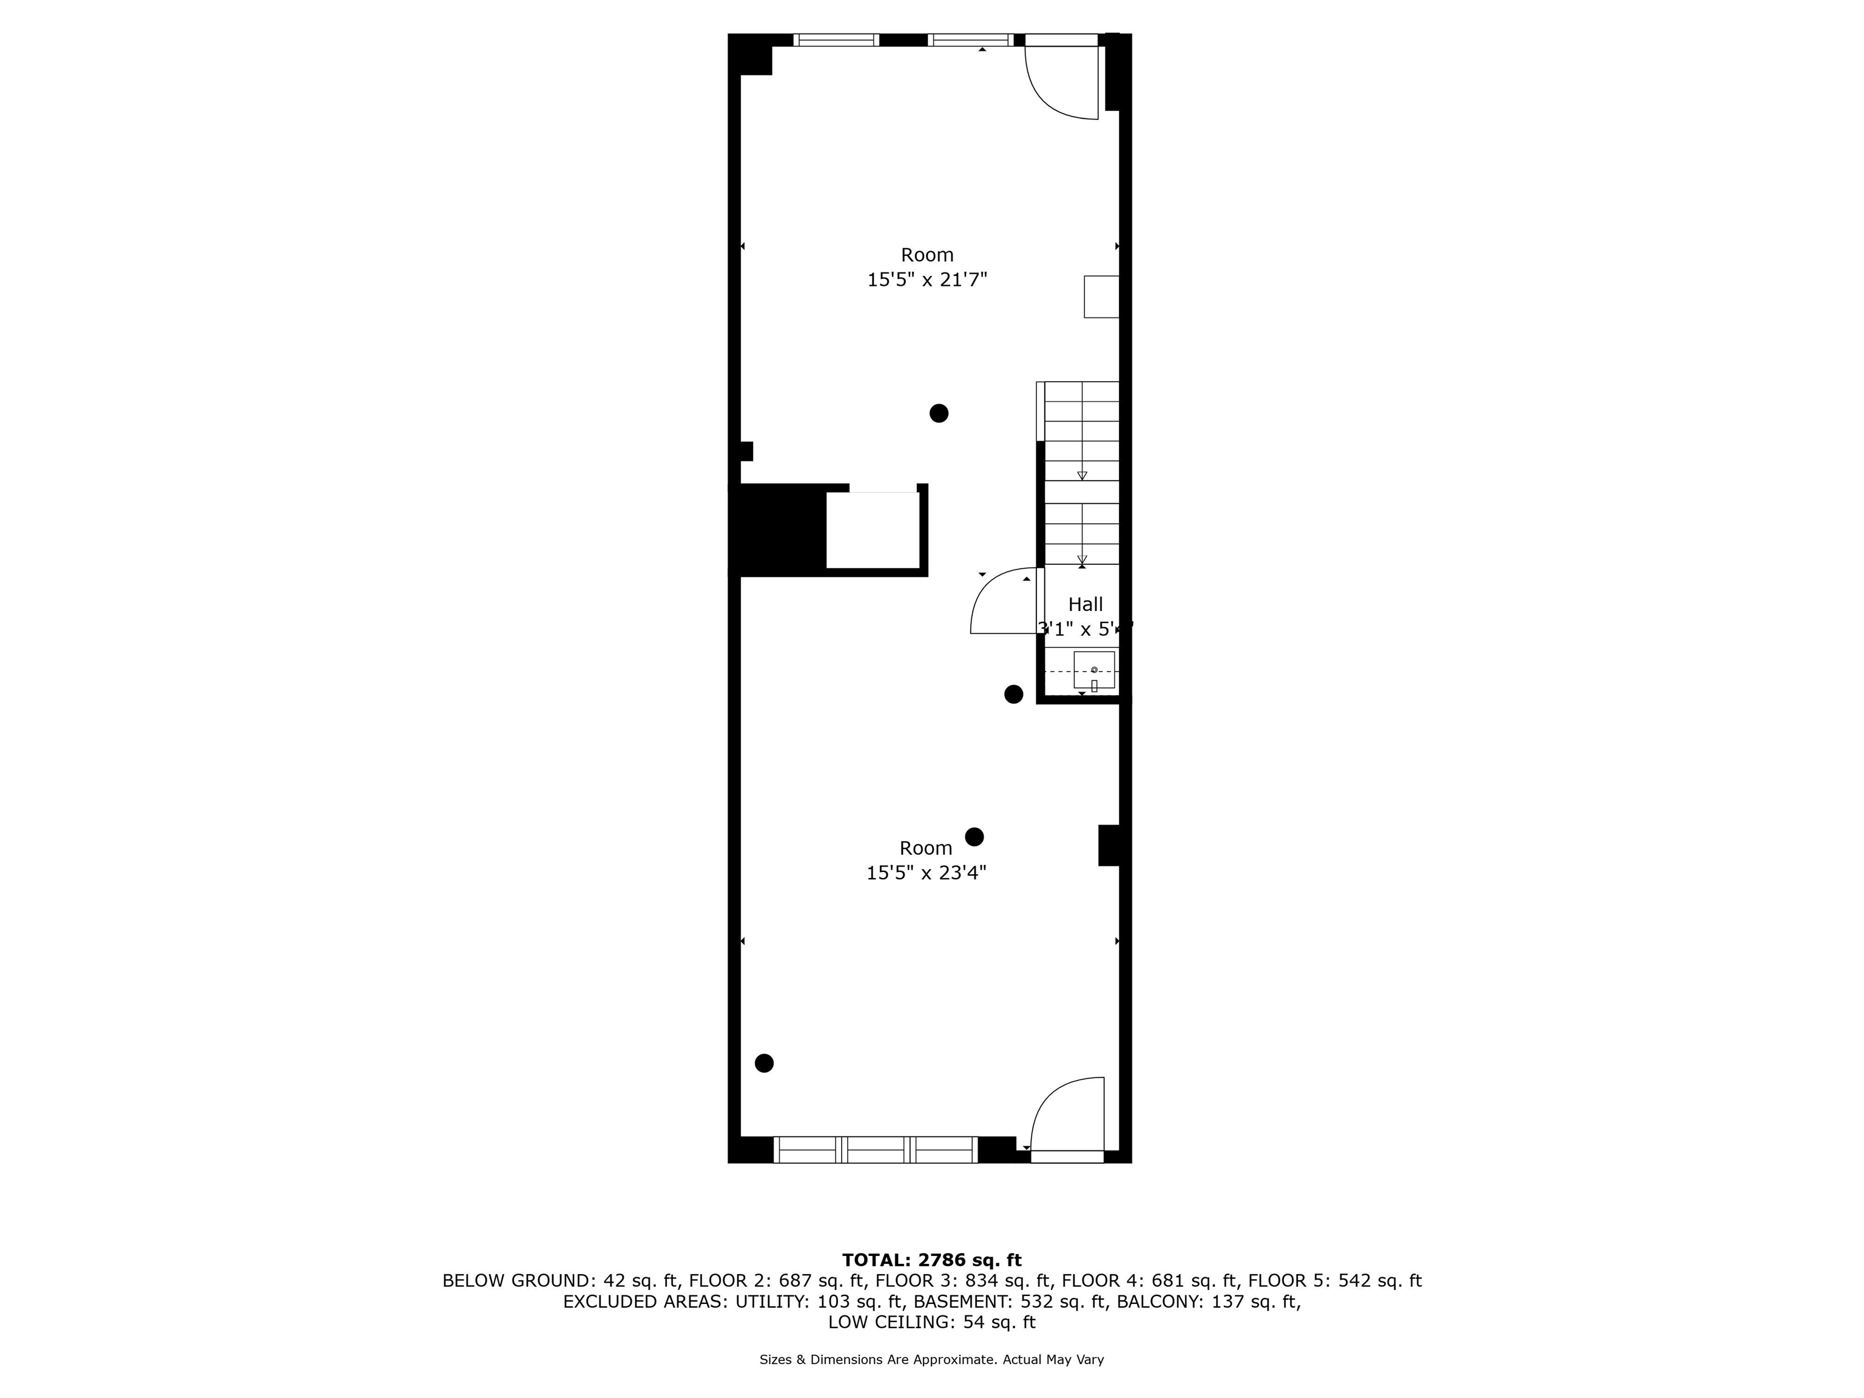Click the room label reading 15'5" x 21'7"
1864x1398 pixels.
(x=927, y=279)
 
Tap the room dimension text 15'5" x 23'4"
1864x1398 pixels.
(x=926, y=872)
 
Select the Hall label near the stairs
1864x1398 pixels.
(x=1086, y=604)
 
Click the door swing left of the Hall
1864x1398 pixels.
(x=1004, y=602)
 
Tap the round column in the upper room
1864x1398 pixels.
(x=939, y=413)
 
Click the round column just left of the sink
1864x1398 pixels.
(x=1014, y=694)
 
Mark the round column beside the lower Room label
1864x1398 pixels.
(x=974, y=837)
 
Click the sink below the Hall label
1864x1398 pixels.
(x=1094, y=670)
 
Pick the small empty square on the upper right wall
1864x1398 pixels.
(x=1101, y=297)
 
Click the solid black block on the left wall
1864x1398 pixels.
(x=777, y=531)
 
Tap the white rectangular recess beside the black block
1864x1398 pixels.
(x=872, y=531)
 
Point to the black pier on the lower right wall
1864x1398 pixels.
(x=1109, y=845)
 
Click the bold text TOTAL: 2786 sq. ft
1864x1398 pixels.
(x=931, y=1260)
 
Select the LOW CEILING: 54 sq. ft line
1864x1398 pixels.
(x=931, y=1322)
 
